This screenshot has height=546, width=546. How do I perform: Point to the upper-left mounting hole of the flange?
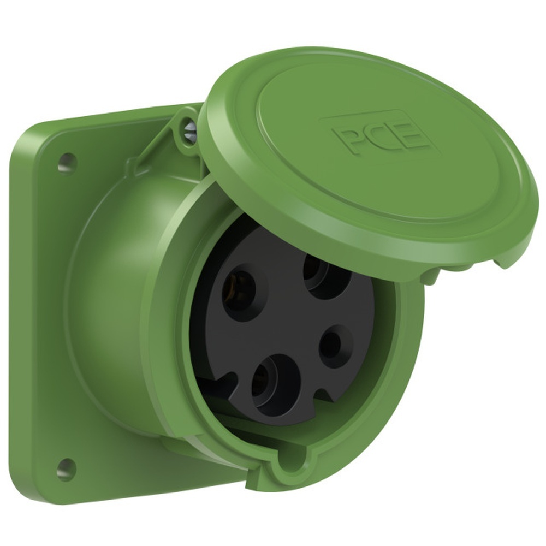pyautogui.click(x=67, y=162)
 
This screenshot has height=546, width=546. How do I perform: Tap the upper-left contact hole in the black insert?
pyautogui.click(x=239, y=292)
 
